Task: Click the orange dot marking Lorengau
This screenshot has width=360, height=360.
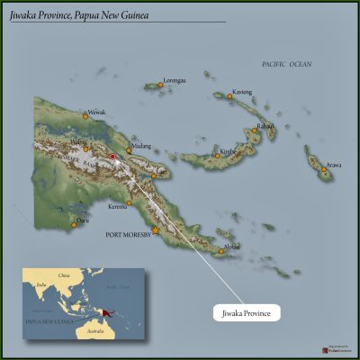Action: click(x=161, y=85)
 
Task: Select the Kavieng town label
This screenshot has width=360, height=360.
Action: click(x=242, y=92)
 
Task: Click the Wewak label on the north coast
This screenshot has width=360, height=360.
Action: click(x=95, y=112)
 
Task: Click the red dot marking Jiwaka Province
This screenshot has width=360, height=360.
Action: click(x=112, y=157)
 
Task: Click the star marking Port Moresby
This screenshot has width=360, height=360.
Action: click(x=155, y=230)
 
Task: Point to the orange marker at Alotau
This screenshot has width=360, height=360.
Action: click(x=221, y=251)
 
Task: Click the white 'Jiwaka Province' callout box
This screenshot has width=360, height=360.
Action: click(x=247, y=312)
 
